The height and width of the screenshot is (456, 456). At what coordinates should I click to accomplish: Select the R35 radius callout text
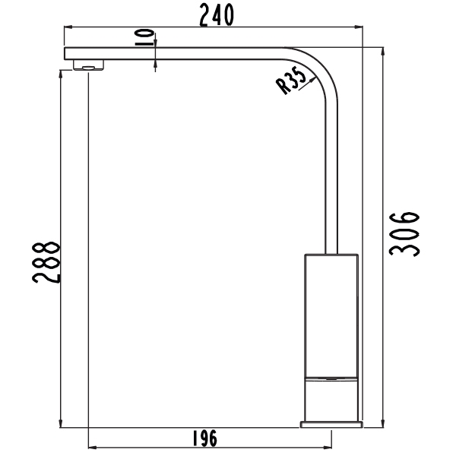click(291, 81)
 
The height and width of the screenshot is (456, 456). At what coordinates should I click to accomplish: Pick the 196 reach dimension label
click(204, 439)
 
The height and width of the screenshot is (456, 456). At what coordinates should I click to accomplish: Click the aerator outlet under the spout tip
click(88, 66)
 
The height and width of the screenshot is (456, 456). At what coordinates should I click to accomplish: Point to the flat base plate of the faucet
click(331, 423)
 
